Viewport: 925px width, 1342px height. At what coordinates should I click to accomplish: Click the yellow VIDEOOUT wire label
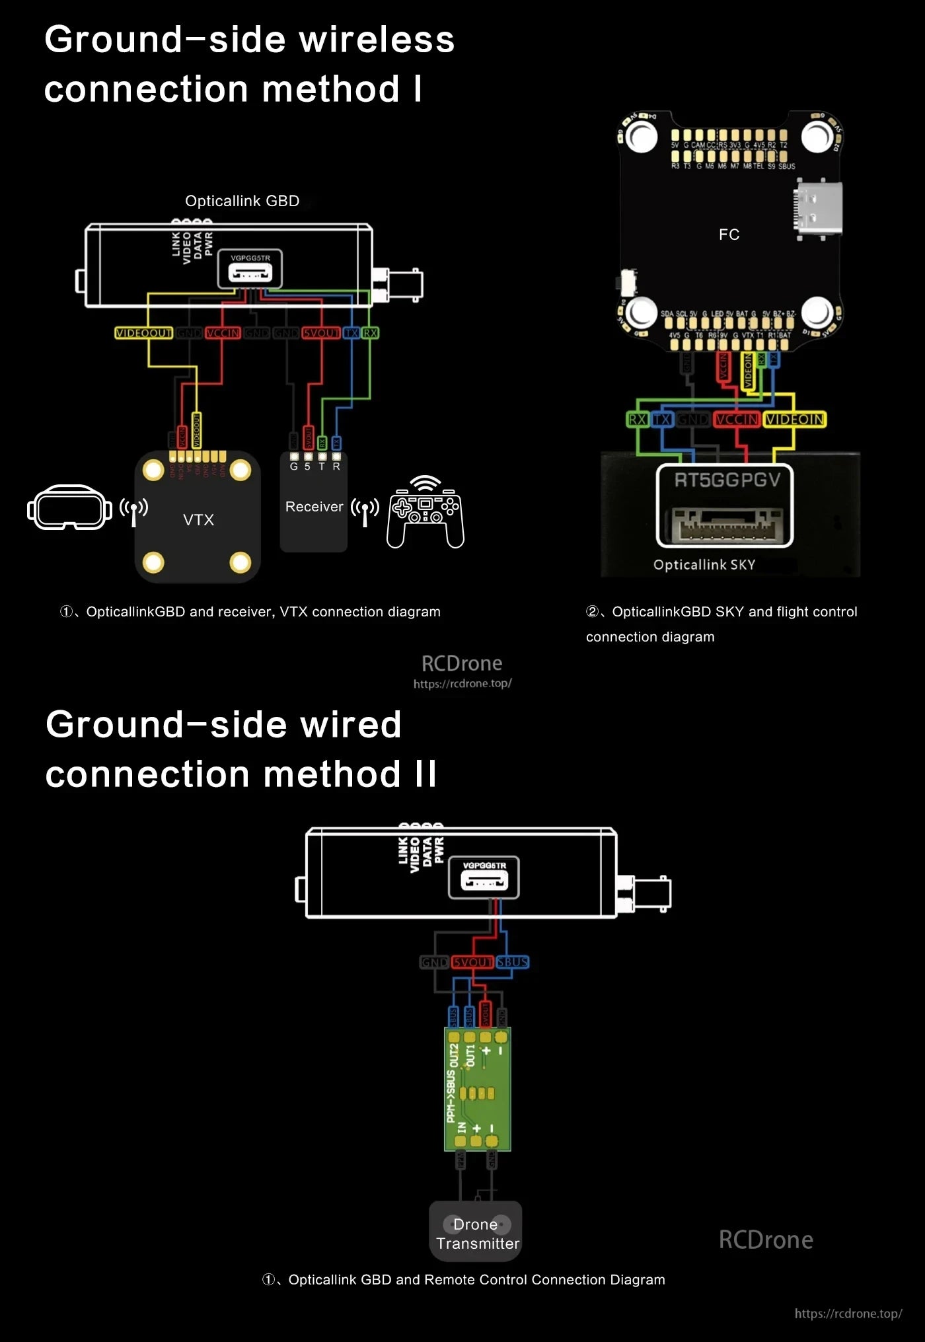(143, 333)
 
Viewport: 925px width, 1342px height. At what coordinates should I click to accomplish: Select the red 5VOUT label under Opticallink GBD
(321, 333)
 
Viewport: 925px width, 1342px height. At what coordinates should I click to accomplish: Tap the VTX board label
(198, 520)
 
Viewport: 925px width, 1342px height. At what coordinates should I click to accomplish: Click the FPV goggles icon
(69, 507)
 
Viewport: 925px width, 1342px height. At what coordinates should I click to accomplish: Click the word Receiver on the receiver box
(314, 507)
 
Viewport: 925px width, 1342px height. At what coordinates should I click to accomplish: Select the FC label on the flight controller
(729, 235)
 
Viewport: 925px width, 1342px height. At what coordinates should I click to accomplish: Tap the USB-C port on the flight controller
(818, 208)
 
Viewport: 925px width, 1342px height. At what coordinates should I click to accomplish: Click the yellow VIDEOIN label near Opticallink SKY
(794, 420)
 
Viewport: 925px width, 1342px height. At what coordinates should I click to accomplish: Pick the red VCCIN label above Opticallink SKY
(737, 420)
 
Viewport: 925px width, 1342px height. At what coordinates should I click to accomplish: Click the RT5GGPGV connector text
(727, 480)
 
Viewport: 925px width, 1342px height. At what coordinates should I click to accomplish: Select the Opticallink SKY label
(704, 565)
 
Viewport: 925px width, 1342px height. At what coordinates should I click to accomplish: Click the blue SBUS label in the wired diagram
(513, 962)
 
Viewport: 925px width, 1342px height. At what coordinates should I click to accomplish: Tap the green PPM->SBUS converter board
(478, 1090)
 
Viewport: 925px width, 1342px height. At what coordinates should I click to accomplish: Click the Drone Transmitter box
(476, 1234)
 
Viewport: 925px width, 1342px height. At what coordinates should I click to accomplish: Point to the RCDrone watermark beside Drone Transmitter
(765, 1240)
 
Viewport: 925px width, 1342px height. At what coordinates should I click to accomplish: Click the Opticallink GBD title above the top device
(242, 201)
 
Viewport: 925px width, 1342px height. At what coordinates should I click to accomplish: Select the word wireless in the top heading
(377, 40)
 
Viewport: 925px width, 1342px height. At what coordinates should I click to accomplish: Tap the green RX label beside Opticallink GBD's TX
(371, 333)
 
